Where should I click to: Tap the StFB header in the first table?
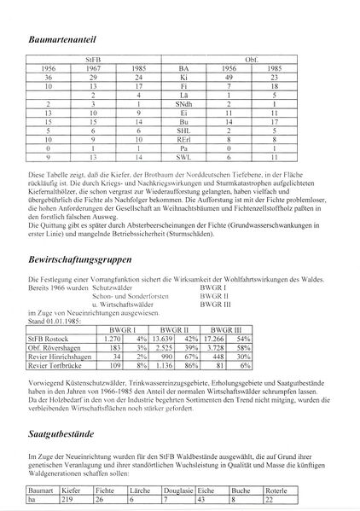(94, 61)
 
